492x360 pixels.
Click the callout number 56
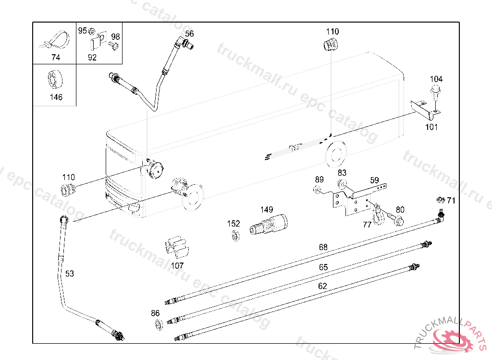[189, 34]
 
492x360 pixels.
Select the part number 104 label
[436, 79]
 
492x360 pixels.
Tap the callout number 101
[431, 127]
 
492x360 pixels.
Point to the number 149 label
[267, 209]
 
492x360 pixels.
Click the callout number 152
[234, 224]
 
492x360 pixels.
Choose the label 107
[177, 265]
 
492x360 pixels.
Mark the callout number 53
[70, 274]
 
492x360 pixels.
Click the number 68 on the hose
[323, 247]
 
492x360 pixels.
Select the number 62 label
[322, 286]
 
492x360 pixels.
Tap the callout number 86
[155, 313]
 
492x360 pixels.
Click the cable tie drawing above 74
[55, 40]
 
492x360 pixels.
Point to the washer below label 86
[159, 324]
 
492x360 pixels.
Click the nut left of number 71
[441, 200]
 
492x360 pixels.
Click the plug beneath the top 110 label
[331, 45]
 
